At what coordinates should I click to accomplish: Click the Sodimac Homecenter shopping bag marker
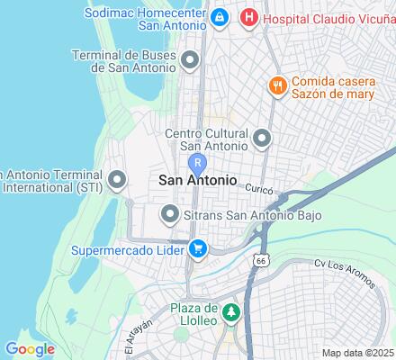[x=219, y=17]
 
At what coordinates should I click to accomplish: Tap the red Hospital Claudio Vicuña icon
[x=249, y=17]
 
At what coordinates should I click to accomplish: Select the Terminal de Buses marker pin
[x=190, y=61]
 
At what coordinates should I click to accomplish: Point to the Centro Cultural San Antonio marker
[x=262, y=139]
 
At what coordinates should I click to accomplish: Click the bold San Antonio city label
[x=198, y=181]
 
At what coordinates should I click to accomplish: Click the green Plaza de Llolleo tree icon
[x=231, y=313]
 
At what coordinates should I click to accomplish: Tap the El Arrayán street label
[x=132, y=341]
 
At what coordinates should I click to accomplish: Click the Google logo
[x=29, y=349]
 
